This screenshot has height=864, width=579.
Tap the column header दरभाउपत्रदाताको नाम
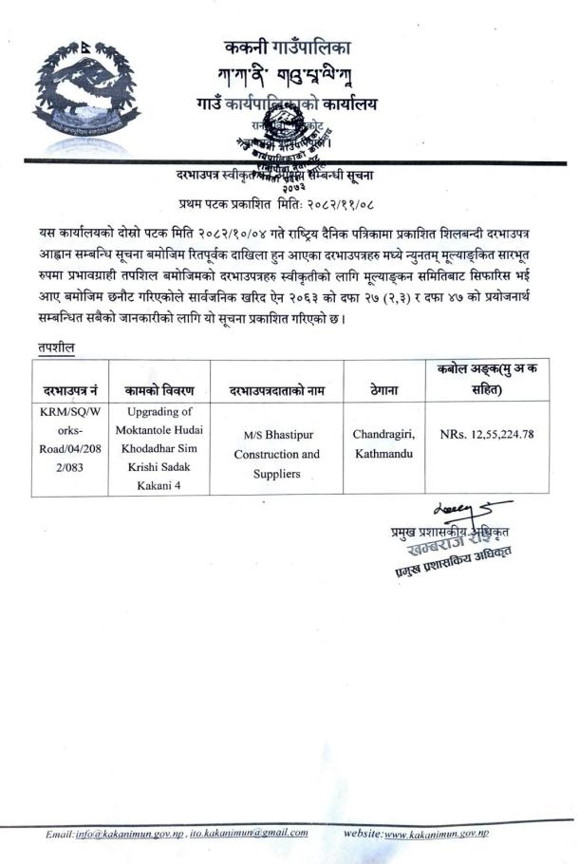[277, 390]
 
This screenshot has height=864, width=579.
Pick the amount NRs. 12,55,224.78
[487, 434]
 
